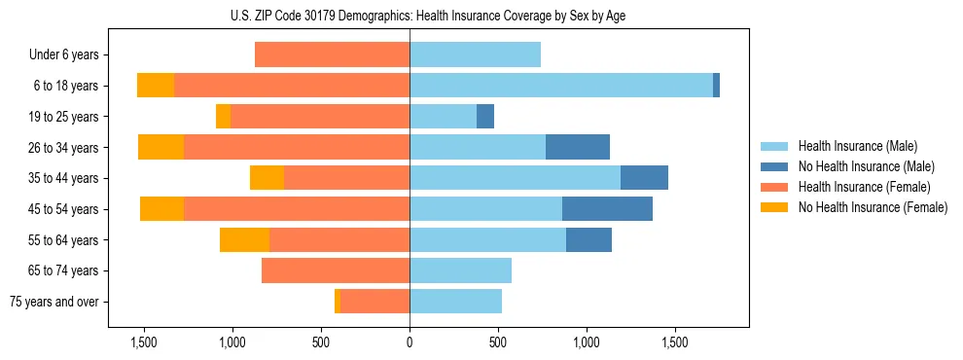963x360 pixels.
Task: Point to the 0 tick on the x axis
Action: pos(410,343)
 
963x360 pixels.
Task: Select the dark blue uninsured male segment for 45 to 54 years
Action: pos(607,209)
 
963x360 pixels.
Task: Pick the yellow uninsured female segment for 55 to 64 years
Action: pos(244,240)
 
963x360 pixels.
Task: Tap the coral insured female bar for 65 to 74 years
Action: pos(336,270)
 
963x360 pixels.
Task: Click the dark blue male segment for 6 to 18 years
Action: pos(716,86)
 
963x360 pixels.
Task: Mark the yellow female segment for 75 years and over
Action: pos(338,302)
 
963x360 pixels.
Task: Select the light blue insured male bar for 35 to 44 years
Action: pos(515,178)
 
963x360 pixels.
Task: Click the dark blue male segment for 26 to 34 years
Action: pos(578,147)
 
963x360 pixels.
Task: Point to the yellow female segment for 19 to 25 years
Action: pos(223,117)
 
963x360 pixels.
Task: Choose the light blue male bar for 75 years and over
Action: pos(455,302)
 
